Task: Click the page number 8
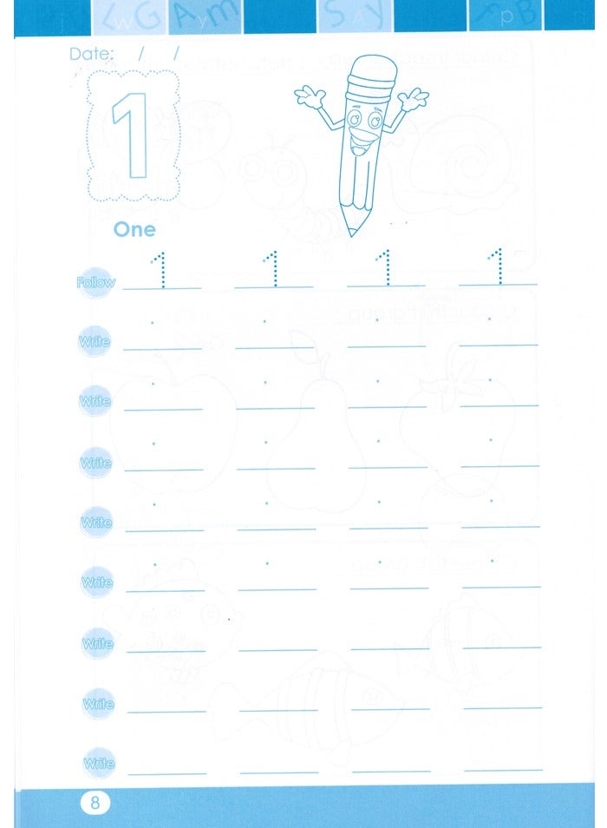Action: (x=95, y=802)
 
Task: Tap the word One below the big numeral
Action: (x=134, y=229)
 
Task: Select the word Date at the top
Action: (x=91, y=54)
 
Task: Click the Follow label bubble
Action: (x=95, y=283)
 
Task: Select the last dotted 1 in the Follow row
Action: (x=497, y=267)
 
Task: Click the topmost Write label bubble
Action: (x=95, y=342)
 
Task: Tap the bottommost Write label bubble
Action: (x=98, y=764)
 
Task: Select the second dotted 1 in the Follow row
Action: (x=273, y=268)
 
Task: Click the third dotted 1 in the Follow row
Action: (x=385, y=268)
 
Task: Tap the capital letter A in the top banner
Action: (x=198, y=16)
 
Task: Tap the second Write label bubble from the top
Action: (x=95, y=402)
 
